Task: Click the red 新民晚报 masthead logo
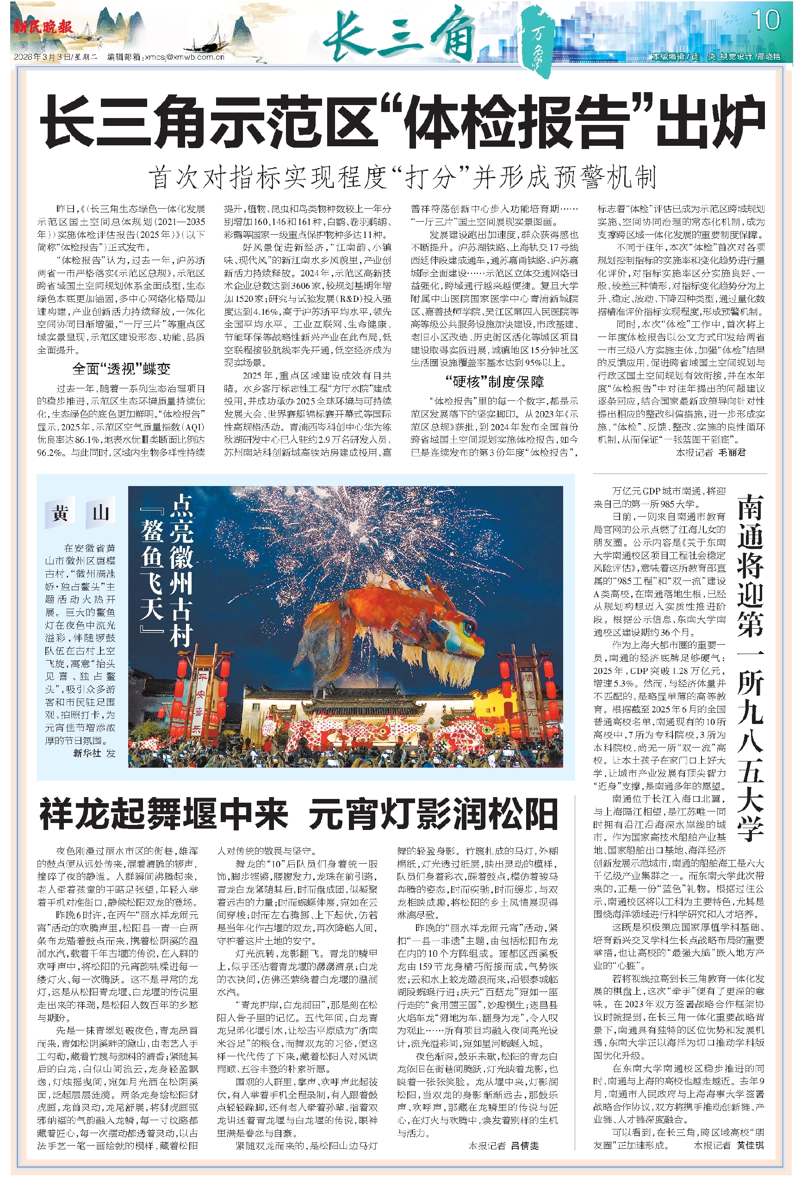click(43, 26)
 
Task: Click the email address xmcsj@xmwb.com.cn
click(185, 57)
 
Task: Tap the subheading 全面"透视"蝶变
click(121, 368)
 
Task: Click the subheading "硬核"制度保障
click(494, 381)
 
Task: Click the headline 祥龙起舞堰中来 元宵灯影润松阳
click(298, 814)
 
